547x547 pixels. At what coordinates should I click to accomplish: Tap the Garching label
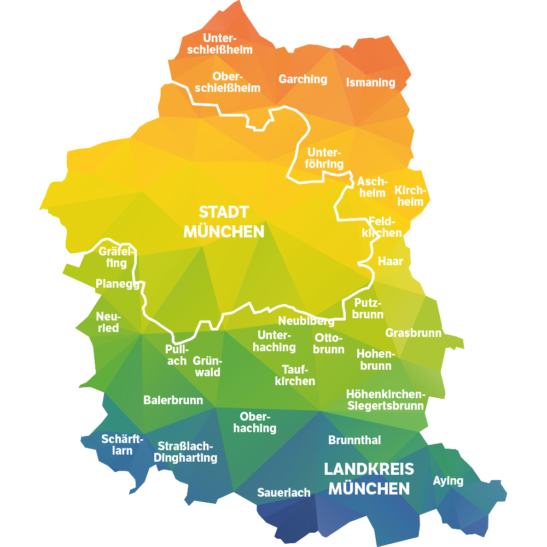coord(302,79)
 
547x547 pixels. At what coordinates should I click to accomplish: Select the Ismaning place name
coord(370,83)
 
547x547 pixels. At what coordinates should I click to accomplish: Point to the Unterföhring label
coord(325,158)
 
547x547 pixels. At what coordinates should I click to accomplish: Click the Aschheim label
coord(372,187)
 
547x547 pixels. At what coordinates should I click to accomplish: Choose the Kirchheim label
coord(409,196)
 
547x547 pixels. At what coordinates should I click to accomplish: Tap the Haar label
coord(390,261)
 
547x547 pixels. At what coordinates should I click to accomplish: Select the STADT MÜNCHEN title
coord(224,222)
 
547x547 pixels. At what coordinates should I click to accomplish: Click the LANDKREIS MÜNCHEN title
coord(369,478)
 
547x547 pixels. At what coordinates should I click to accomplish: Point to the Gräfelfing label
coord(116,257)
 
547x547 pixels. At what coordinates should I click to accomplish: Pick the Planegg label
coord(118,284)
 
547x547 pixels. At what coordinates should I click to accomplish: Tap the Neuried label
coord(108,322)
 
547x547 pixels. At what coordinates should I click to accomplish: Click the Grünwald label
coord(206,366)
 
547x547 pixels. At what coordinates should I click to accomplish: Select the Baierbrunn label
coord(173,400)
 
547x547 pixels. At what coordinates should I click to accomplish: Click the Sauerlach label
coord(283,493)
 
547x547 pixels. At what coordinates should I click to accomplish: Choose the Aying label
coord(448,481)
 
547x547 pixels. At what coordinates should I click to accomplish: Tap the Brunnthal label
coord(354,440)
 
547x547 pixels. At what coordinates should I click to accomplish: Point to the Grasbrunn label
coord(413,333)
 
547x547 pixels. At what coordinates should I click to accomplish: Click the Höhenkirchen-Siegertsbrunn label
coord(385,400)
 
